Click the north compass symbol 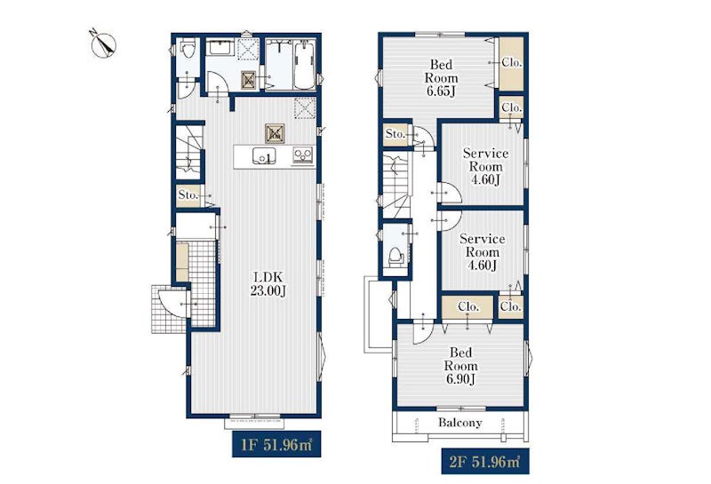click(103, 44)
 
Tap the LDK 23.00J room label click(268, 284)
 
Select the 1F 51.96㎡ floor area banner click(276, 444)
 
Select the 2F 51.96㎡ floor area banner click(484, 461)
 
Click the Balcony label click(459, 423)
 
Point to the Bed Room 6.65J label click(441, 78)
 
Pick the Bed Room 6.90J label click(460, 366)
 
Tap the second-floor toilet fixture click(395, 257)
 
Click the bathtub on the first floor click(304, 65)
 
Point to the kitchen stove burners click(303, 156)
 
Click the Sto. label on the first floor click(188, 195)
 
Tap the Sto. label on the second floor click(395, 134)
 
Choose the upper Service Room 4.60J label click(485, 166)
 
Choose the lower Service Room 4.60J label click(483, 252)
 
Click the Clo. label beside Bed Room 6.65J click(512, 63)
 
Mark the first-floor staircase click(188, 152)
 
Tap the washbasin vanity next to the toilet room click(220, 47)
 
